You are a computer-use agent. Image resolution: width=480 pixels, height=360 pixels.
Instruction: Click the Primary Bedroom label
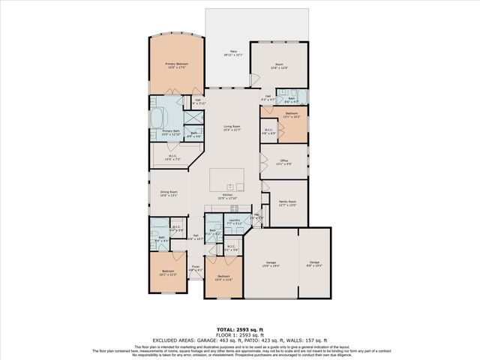176,66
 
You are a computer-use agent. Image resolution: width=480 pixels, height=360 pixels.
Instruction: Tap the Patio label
234,53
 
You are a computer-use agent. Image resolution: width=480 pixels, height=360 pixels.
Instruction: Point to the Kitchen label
227,196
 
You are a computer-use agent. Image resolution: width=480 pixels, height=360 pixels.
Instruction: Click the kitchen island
227,179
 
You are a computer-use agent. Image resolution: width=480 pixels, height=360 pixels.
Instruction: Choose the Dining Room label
168,193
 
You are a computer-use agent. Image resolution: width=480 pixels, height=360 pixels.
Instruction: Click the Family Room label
288,202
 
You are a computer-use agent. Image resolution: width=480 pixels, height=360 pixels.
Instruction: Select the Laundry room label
234,221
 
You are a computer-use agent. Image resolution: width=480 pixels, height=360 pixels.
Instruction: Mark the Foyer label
195,268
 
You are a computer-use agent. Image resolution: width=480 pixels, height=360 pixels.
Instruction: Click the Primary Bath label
172,133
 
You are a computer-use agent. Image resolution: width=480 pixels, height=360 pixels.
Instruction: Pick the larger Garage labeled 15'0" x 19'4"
271,264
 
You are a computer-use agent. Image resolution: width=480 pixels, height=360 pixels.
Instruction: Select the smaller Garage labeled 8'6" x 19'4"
314,264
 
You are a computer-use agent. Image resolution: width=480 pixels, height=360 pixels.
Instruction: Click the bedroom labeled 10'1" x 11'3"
167,272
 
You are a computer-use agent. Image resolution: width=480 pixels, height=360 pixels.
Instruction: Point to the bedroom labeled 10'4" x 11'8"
223,278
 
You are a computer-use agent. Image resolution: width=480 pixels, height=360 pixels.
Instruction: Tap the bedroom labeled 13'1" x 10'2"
292,115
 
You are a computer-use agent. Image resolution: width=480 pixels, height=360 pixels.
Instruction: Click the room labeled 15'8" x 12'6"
279,66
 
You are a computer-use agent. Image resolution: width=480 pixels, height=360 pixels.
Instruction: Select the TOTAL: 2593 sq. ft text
239,329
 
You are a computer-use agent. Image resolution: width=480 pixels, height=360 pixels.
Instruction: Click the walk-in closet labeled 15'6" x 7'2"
172,158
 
